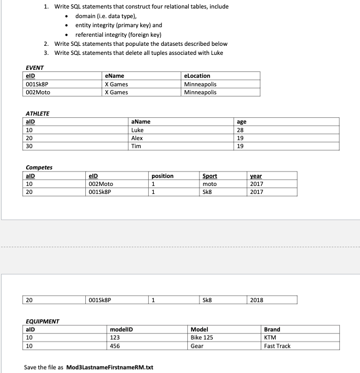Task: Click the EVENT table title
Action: click(x=35, y=68)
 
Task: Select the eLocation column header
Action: click(x=197, y=76)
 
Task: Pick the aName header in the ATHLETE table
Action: click(x=141, y=121)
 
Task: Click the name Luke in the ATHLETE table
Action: click(x=137, y=130)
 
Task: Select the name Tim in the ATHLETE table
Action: click(x=136, y=146)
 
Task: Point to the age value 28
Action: click(x=240, y=130)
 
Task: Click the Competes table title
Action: click(x=39, y=167)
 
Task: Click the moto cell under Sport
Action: click(x=209, y=184)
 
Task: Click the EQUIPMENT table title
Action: click(x=42, y=321)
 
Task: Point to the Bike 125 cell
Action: click(x=202, y=338)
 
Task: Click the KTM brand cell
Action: click(x=270, y=338)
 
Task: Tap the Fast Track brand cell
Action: click(x=277, y=346)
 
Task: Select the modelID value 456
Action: click(x=115, y=346)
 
